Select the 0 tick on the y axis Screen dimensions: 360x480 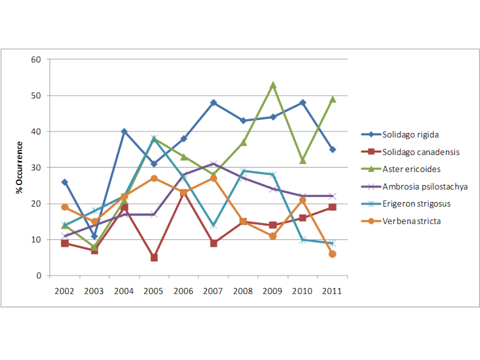pos(40,276)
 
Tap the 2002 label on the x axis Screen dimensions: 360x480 pos(65,291)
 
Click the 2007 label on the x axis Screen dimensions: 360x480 pos(213,291)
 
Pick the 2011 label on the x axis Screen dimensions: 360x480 pos(332,291)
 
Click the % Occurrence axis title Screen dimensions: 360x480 pos(20,168)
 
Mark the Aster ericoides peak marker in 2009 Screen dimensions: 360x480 pos(273,85)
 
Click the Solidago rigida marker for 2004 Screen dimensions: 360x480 pos(124,131)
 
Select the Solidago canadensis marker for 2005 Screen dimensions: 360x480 pos(154,258)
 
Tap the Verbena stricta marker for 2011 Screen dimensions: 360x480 pos(332,254)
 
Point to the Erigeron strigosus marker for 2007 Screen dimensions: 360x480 pos(213,225)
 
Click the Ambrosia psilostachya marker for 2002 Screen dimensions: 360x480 pos(65,236)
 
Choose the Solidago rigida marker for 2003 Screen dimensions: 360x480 pos(95,236)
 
